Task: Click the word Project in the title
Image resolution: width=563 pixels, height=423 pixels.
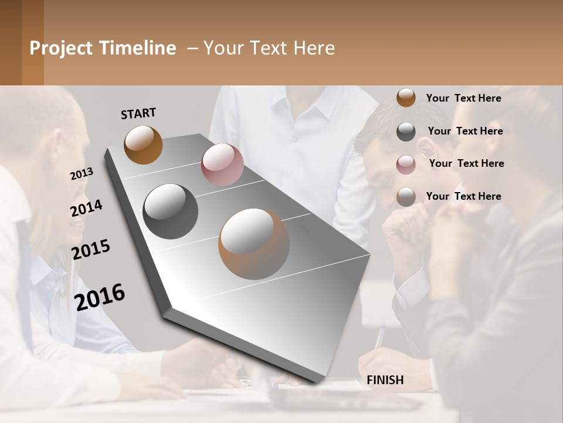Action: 60,48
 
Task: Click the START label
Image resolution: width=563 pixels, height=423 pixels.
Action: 138,113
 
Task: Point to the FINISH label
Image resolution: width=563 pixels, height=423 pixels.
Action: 385,380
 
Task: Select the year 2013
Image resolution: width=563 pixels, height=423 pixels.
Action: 82,174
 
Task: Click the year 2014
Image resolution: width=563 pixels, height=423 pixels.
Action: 86,209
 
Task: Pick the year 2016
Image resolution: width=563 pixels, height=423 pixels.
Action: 100,297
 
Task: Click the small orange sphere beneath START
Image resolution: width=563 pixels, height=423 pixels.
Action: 143,145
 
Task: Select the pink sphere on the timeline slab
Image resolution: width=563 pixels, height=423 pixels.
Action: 222,164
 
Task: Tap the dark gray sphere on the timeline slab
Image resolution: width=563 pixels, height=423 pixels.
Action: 171,211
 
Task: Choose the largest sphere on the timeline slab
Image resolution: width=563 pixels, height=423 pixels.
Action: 254,244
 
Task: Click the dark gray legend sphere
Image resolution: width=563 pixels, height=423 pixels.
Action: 406,132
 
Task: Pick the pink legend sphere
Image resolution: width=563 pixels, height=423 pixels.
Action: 406,164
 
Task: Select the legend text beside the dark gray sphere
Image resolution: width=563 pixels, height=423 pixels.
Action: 465,131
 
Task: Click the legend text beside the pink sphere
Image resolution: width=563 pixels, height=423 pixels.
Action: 466,163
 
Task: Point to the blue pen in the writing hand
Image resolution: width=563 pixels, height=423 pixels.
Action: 379,338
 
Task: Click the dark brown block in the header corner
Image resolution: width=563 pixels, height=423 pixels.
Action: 22,42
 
